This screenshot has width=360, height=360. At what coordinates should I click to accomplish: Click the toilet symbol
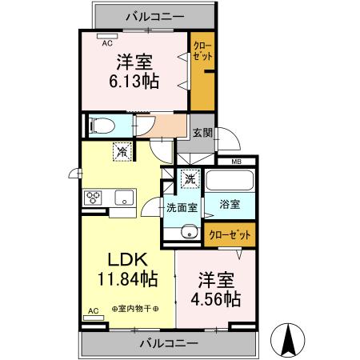point(102,126)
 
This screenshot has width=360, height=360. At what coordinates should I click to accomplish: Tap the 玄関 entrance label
point(202,133)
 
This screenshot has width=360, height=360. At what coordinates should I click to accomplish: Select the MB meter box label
point(236,162)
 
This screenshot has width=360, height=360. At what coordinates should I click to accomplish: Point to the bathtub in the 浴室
point(230,181)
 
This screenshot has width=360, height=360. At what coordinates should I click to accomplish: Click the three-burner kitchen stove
point(93,198)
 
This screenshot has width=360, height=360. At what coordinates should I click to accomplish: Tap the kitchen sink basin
point(124,198)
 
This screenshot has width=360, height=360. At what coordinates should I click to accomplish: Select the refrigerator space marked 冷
point(122,152)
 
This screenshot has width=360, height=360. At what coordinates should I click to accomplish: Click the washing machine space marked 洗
point(190,179)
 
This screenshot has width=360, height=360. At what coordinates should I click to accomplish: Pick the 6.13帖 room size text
point(134,81)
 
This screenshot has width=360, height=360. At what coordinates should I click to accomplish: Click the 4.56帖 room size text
point(216,298)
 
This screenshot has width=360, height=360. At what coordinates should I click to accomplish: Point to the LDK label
point(127,259)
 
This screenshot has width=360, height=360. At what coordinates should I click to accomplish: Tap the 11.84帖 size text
point(128,279)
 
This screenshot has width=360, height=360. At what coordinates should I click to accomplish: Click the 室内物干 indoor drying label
point(135,309)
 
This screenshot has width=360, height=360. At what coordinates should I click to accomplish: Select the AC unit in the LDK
point(94,318)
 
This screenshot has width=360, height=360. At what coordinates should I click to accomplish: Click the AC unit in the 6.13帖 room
point(107,36)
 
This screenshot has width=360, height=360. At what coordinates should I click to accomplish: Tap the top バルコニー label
point(155,17)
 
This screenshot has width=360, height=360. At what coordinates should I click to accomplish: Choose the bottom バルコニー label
point(169,343)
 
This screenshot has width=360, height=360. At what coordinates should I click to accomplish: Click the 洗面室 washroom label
point(182,208)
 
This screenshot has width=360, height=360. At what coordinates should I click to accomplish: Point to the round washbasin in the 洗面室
point(190,232)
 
